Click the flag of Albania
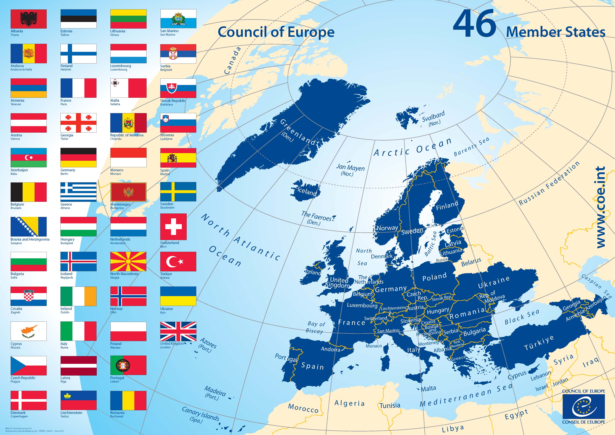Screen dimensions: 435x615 (x=29, y=19)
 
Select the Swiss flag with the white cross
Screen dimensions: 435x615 (x=173, y=227)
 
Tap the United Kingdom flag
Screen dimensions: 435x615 (x=178, y=331)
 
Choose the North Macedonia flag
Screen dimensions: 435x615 (x=128, y=261)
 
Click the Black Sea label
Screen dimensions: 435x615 (x=522, y=317)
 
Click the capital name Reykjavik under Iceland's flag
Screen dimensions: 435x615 (x=67, y=278)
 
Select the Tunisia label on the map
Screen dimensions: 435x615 (x=390, y=406)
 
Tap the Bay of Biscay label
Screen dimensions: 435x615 (x=316, y=327)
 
